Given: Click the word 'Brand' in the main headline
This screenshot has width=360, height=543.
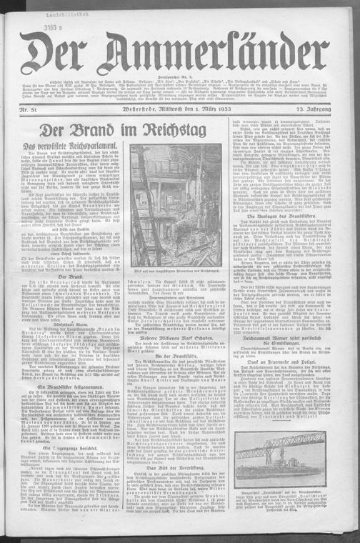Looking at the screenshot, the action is point(100,131).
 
